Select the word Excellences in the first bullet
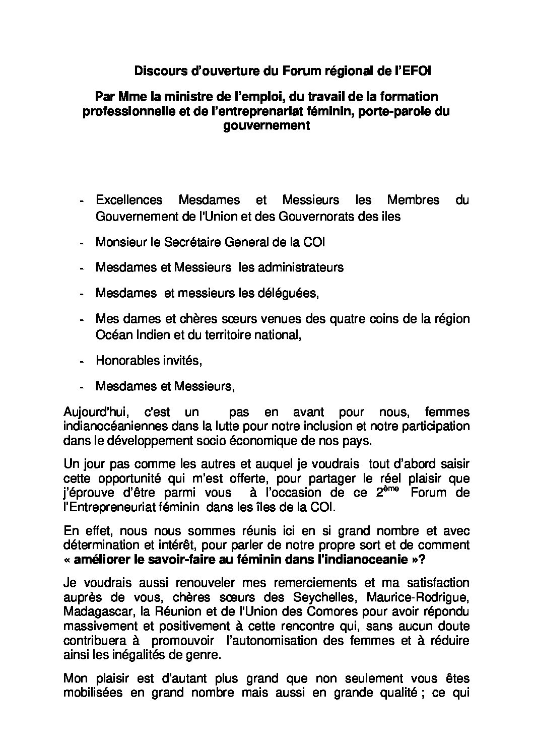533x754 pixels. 129,200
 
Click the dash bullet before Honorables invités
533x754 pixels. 81,362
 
